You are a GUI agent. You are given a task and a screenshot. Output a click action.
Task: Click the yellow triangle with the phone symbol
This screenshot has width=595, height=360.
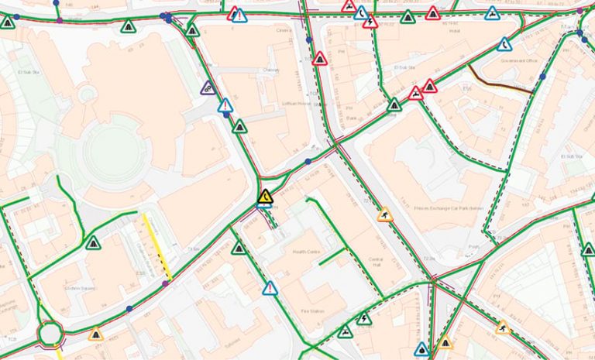tap(265, 197)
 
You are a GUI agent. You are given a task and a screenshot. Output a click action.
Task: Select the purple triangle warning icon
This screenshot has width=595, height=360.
tap(208, 88)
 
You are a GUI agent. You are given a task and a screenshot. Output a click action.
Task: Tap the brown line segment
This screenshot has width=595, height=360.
tap(500, 79)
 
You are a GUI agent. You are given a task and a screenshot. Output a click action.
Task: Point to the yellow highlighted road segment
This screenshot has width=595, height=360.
tap(158, 247)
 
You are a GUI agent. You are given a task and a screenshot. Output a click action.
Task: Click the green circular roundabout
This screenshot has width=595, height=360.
tap(50, 334)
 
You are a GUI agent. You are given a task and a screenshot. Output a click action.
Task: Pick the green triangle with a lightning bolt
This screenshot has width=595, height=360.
tap(364, 317)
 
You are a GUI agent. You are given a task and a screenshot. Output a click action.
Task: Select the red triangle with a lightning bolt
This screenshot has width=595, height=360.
tap(370, 22)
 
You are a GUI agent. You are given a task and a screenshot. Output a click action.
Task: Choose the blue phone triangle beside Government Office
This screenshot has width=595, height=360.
tap(504, 44)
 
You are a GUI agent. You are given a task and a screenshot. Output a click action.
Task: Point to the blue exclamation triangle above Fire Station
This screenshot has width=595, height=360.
tap(270, 289)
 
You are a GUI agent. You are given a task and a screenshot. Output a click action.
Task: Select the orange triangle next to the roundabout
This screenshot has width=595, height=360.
tap(96, 334)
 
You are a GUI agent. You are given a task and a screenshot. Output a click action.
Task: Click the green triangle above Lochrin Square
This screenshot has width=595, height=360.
tap(94, 243)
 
